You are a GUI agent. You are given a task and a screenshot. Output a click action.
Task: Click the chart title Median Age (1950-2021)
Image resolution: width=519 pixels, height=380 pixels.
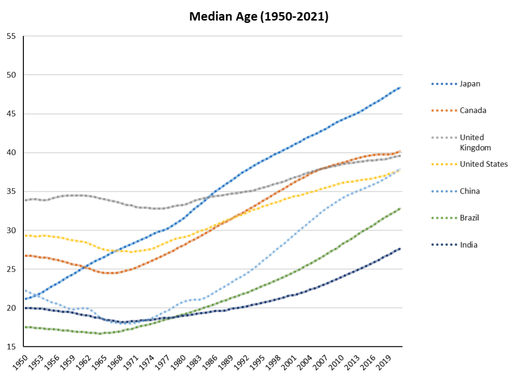pos(259,17)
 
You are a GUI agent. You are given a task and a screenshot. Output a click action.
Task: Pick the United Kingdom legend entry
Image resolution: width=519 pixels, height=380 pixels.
pos(472,142)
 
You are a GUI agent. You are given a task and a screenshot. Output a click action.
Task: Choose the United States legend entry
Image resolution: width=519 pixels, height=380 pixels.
pos(484,164)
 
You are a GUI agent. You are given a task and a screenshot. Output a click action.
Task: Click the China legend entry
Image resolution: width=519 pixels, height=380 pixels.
pos(470,191)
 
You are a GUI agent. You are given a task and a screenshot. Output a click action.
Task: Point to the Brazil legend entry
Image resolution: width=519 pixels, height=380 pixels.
pos(469,218)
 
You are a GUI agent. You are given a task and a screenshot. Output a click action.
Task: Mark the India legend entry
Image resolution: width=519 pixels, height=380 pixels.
pos(468,245)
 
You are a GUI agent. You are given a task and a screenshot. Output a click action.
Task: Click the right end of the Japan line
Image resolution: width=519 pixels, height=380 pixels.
pos(400,88)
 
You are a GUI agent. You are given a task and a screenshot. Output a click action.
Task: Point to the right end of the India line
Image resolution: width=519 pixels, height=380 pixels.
pos(400,249)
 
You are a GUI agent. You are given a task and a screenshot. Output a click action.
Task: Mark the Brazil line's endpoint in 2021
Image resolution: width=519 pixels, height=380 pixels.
pos(400,209)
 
